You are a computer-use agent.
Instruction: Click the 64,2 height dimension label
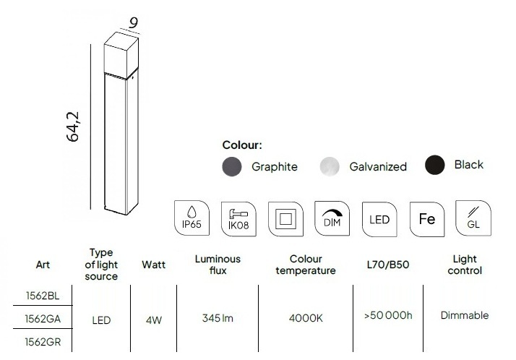coord(73,127)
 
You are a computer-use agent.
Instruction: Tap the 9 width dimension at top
coord(133,23)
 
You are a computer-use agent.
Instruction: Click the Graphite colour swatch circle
coord(232,166)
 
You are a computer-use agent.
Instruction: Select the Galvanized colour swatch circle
coord(330,166)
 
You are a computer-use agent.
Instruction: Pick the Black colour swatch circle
coord(435,165)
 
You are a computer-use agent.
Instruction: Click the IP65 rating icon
coord(192,218)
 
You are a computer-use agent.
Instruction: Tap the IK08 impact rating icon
coord(238,219)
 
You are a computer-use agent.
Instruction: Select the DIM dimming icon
coord(332,218)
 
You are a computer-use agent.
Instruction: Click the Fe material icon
coord(427,219)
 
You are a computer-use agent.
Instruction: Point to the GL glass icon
coord(473,218)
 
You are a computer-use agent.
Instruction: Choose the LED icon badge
coord(379,220)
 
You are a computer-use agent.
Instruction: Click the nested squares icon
coord(285,219)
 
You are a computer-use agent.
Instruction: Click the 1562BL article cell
coord(43,296)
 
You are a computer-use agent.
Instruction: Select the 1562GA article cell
coord(43,319)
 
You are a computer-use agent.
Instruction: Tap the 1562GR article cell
coord(43,342)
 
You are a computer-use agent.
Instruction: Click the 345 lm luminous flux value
coord(218,318)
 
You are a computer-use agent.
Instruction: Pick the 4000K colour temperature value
coord(306,318)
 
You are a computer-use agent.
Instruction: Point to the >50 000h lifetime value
coord(388,316)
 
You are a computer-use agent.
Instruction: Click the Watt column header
coord(154,265)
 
